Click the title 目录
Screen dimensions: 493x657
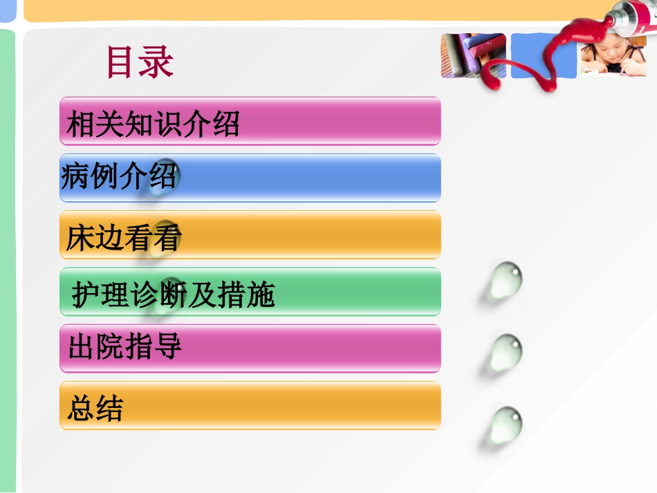pos(140,63)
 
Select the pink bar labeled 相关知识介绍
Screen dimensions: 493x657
pos(250,121)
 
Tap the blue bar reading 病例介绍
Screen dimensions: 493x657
pos(250,178)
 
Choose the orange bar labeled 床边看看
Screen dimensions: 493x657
pos(250,235)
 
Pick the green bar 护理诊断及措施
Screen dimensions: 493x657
pos(250,292)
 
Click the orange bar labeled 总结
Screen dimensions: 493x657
pos(250,405)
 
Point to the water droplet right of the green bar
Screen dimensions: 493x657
pos(504,280)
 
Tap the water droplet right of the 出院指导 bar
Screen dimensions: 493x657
pos(506,353)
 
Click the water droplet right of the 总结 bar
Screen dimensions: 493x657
pos(505,424)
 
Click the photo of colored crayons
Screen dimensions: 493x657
pos(473,56)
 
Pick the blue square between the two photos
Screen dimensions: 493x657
pos(544,56)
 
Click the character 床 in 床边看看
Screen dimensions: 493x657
pos(80,239)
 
